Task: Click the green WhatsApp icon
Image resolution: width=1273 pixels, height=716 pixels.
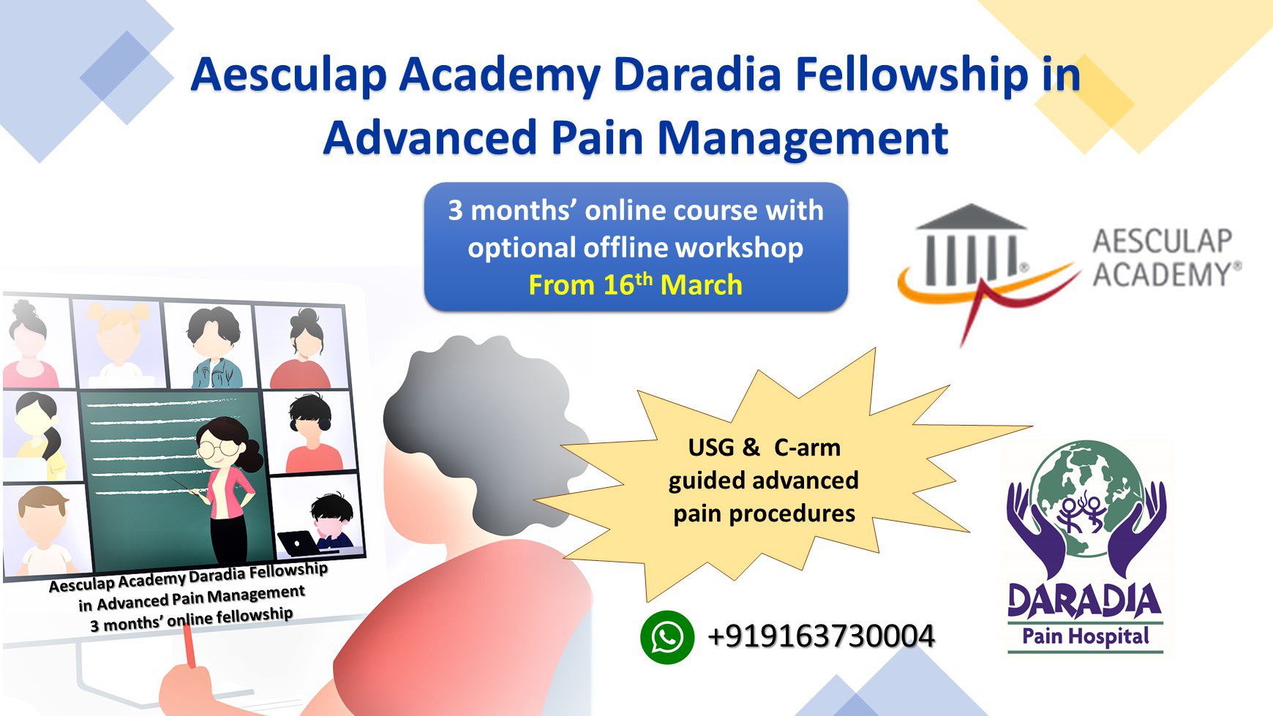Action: tap(667, 637)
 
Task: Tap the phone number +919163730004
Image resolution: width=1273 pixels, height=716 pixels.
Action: tap(821, 636)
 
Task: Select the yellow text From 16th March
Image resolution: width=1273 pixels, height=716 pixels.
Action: tap(635, 284)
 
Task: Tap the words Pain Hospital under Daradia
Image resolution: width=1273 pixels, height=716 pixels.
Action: tap(1086, 636)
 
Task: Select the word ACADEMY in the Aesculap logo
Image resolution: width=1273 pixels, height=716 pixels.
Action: tap(1166, 275)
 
